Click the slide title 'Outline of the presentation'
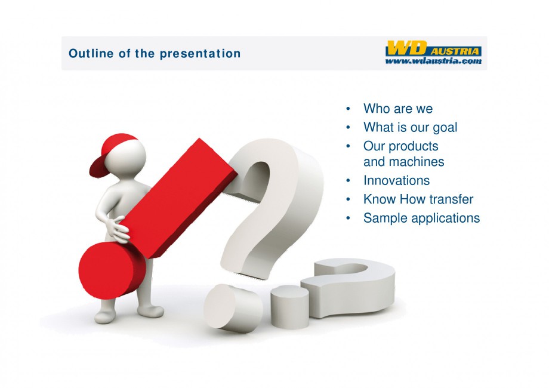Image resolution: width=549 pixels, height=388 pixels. [155, 54]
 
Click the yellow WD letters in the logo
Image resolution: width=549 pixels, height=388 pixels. [407, 48]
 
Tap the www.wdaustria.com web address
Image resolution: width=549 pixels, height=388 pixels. [433, 61]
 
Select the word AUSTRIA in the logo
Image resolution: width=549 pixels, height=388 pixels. [455, 51]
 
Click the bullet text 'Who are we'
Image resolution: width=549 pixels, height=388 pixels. [398, 109]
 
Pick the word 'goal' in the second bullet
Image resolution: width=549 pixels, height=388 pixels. [445, 128]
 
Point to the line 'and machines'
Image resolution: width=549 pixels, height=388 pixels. [404, 162]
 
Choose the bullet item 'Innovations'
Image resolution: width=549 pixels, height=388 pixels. [396, 181]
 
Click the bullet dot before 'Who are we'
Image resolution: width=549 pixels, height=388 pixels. [348, 109]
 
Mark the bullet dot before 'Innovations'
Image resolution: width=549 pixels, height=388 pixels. [348, 181]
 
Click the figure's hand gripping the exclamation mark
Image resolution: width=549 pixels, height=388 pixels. [118, 230]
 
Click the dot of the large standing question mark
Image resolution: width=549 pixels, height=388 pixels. [233, 308]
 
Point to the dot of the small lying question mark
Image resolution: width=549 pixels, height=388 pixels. [289, 307]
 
